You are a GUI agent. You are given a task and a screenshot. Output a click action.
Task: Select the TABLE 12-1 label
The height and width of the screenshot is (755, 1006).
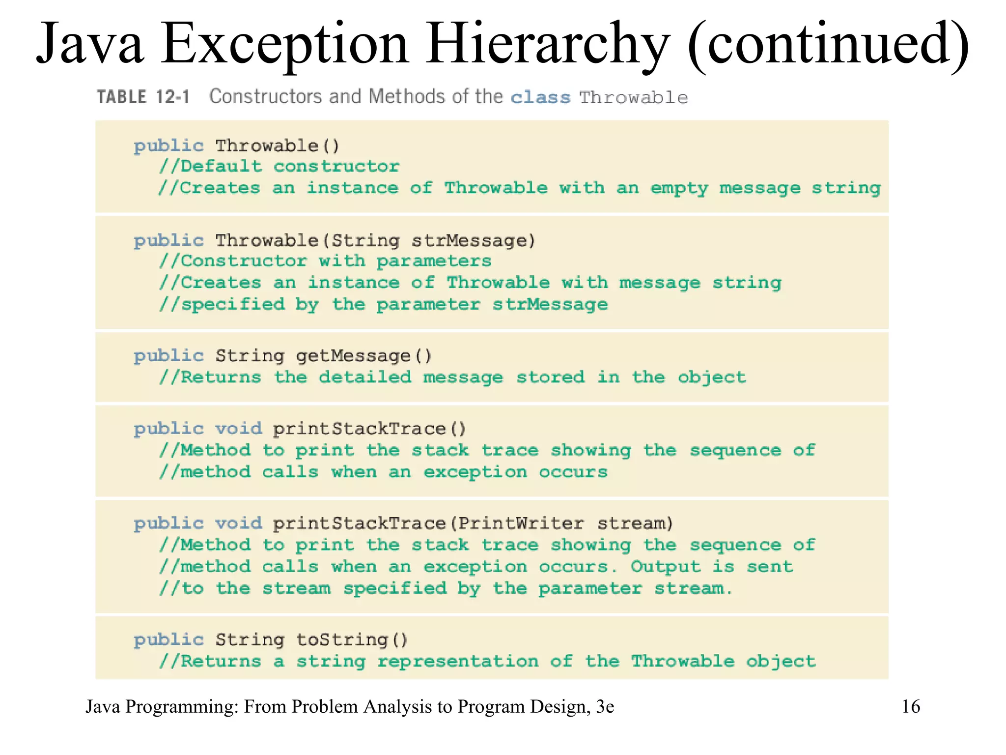click(143, 97)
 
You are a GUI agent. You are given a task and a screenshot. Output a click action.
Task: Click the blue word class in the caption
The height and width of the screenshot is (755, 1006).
click(540, 97)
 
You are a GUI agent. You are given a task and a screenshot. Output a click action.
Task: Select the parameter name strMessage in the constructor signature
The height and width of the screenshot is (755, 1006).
click(473, 240)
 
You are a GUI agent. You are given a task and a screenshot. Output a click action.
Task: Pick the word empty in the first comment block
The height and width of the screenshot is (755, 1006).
click(679, 189)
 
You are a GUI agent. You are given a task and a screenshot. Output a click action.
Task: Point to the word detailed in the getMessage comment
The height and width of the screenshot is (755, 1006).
click(365, 377)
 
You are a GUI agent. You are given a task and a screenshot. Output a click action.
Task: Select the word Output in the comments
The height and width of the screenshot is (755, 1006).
click(666, 567)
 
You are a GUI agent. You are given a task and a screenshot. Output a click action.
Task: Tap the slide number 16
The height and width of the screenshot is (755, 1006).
click(911, 706)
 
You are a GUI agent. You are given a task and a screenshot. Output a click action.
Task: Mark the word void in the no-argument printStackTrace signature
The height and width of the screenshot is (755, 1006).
click(239, 429)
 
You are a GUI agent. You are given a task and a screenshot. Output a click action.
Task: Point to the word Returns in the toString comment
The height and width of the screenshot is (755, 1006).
click(221, 662)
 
